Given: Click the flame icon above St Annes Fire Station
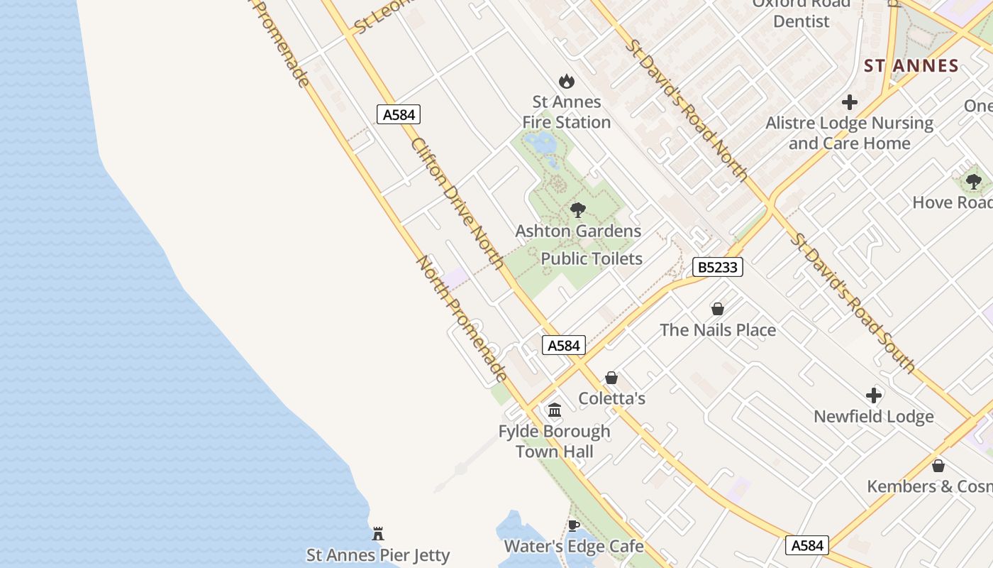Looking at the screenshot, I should tap(566, 81).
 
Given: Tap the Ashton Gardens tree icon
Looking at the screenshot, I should tap(578, 210).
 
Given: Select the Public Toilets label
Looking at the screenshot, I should tap(592, 259).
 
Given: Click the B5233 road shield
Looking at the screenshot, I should tap(718, 267).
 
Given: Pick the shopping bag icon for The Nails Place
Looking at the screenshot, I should tap(718, 309).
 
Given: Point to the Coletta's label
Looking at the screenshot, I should tap(611, 398).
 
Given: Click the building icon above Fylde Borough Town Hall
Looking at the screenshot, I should tap(555, 410).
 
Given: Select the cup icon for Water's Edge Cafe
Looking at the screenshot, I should tap(574, 525).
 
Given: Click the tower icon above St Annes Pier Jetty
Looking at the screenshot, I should tap(378, 533).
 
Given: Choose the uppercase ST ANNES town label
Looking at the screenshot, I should tap(911, 66).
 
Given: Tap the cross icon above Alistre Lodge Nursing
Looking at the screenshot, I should tap(849, 102).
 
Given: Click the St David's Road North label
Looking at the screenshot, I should tap(686, 109).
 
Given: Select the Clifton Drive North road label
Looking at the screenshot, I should tap(457, 203).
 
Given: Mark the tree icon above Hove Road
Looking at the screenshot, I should tap(974, 182).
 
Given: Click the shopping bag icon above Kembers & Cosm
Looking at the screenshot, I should tap(938, 466).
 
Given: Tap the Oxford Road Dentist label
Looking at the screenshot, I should tap(801, 12).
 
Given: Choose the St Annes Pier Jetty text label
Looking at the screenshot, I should tap(378, 555).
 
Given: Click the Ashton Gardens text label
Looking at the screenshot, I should tap(578, 231).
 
